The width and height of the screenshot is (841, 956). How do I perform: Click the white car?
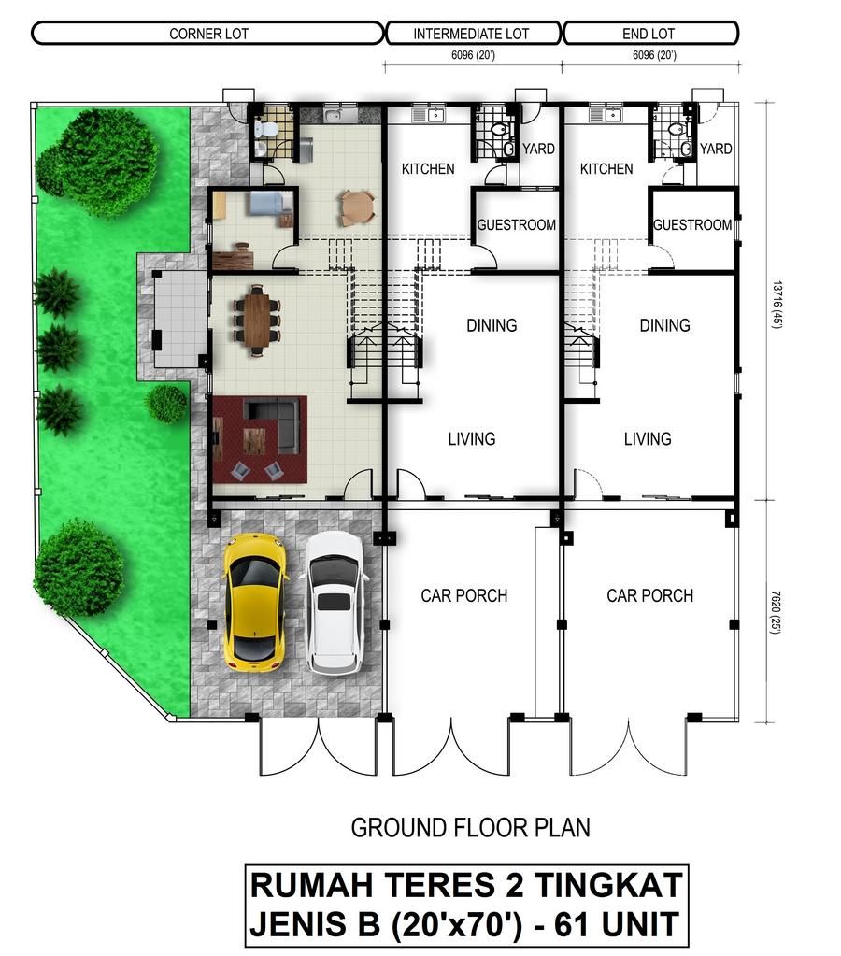tap(336, 603)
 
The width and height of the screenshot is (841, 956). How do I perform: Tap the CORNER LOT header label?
tap(208, 34)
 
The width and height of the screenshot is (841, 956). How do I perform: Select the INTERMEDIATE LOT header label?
tap(471, 34)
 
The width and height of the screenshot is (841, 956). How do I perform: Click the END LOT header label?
tap(649, 34)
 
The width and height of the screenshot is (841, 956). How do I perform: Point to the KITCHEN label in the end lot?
tap(606, 169)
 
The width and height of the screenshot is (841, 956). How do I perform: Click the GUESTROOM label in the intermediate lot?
tap(516, 225)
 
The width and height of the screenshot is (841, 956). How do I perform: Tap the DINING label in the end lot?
tap(664, 325)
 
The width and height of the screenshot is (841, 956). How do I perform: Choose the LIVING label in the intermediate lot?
tap(471, 438)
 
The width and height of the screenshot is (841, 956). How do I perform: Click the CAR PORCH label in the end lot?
tap(649, 595)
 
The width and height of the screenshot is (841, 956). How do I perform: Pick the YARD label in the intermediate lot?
tap(538, 149)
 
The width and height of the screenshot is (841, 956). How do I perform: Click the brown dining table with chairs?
tap(257, 321)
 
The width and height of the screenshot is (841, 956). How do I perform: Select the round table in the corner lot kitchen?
tap(357, 207)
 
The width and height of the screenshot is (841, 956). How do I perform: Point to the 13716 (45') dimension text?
tap(777, 305)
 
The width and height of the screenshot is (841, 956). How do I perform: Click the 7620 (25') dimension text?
tap(776, 611)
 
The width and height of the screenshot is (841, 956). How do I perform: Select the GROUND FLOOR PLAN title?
tap(470, 827)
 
